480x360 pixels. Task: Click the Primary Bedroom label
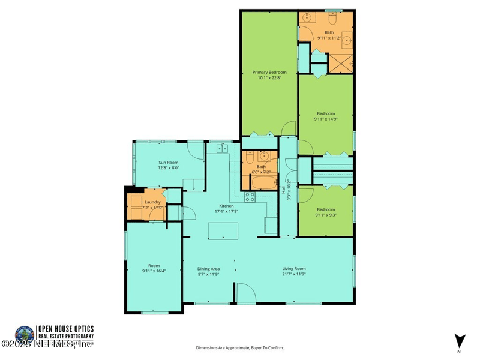coord(269,72)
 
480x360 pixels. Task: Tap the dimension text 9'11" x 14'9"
coord(326,119)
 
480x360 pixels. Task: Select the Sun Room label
coord(168,162)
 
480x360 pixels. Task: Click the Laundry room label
coord(152,202)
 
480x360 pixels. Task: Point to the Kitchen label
coord(226,206)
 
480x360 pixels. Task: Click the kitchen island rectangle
coord(222,230)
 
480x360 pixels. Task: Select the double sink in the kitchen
coord(223,148)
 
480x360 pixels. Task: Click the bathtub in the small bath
coord(262,182)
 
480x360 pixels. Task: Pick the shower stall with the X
coord(343,62)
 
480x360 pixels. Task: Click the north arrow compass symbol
coord(460,340)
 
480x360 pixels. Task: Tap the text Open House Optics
coord(65,329)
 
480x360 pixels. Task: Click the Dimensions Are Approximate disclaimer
coord(240,347)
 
